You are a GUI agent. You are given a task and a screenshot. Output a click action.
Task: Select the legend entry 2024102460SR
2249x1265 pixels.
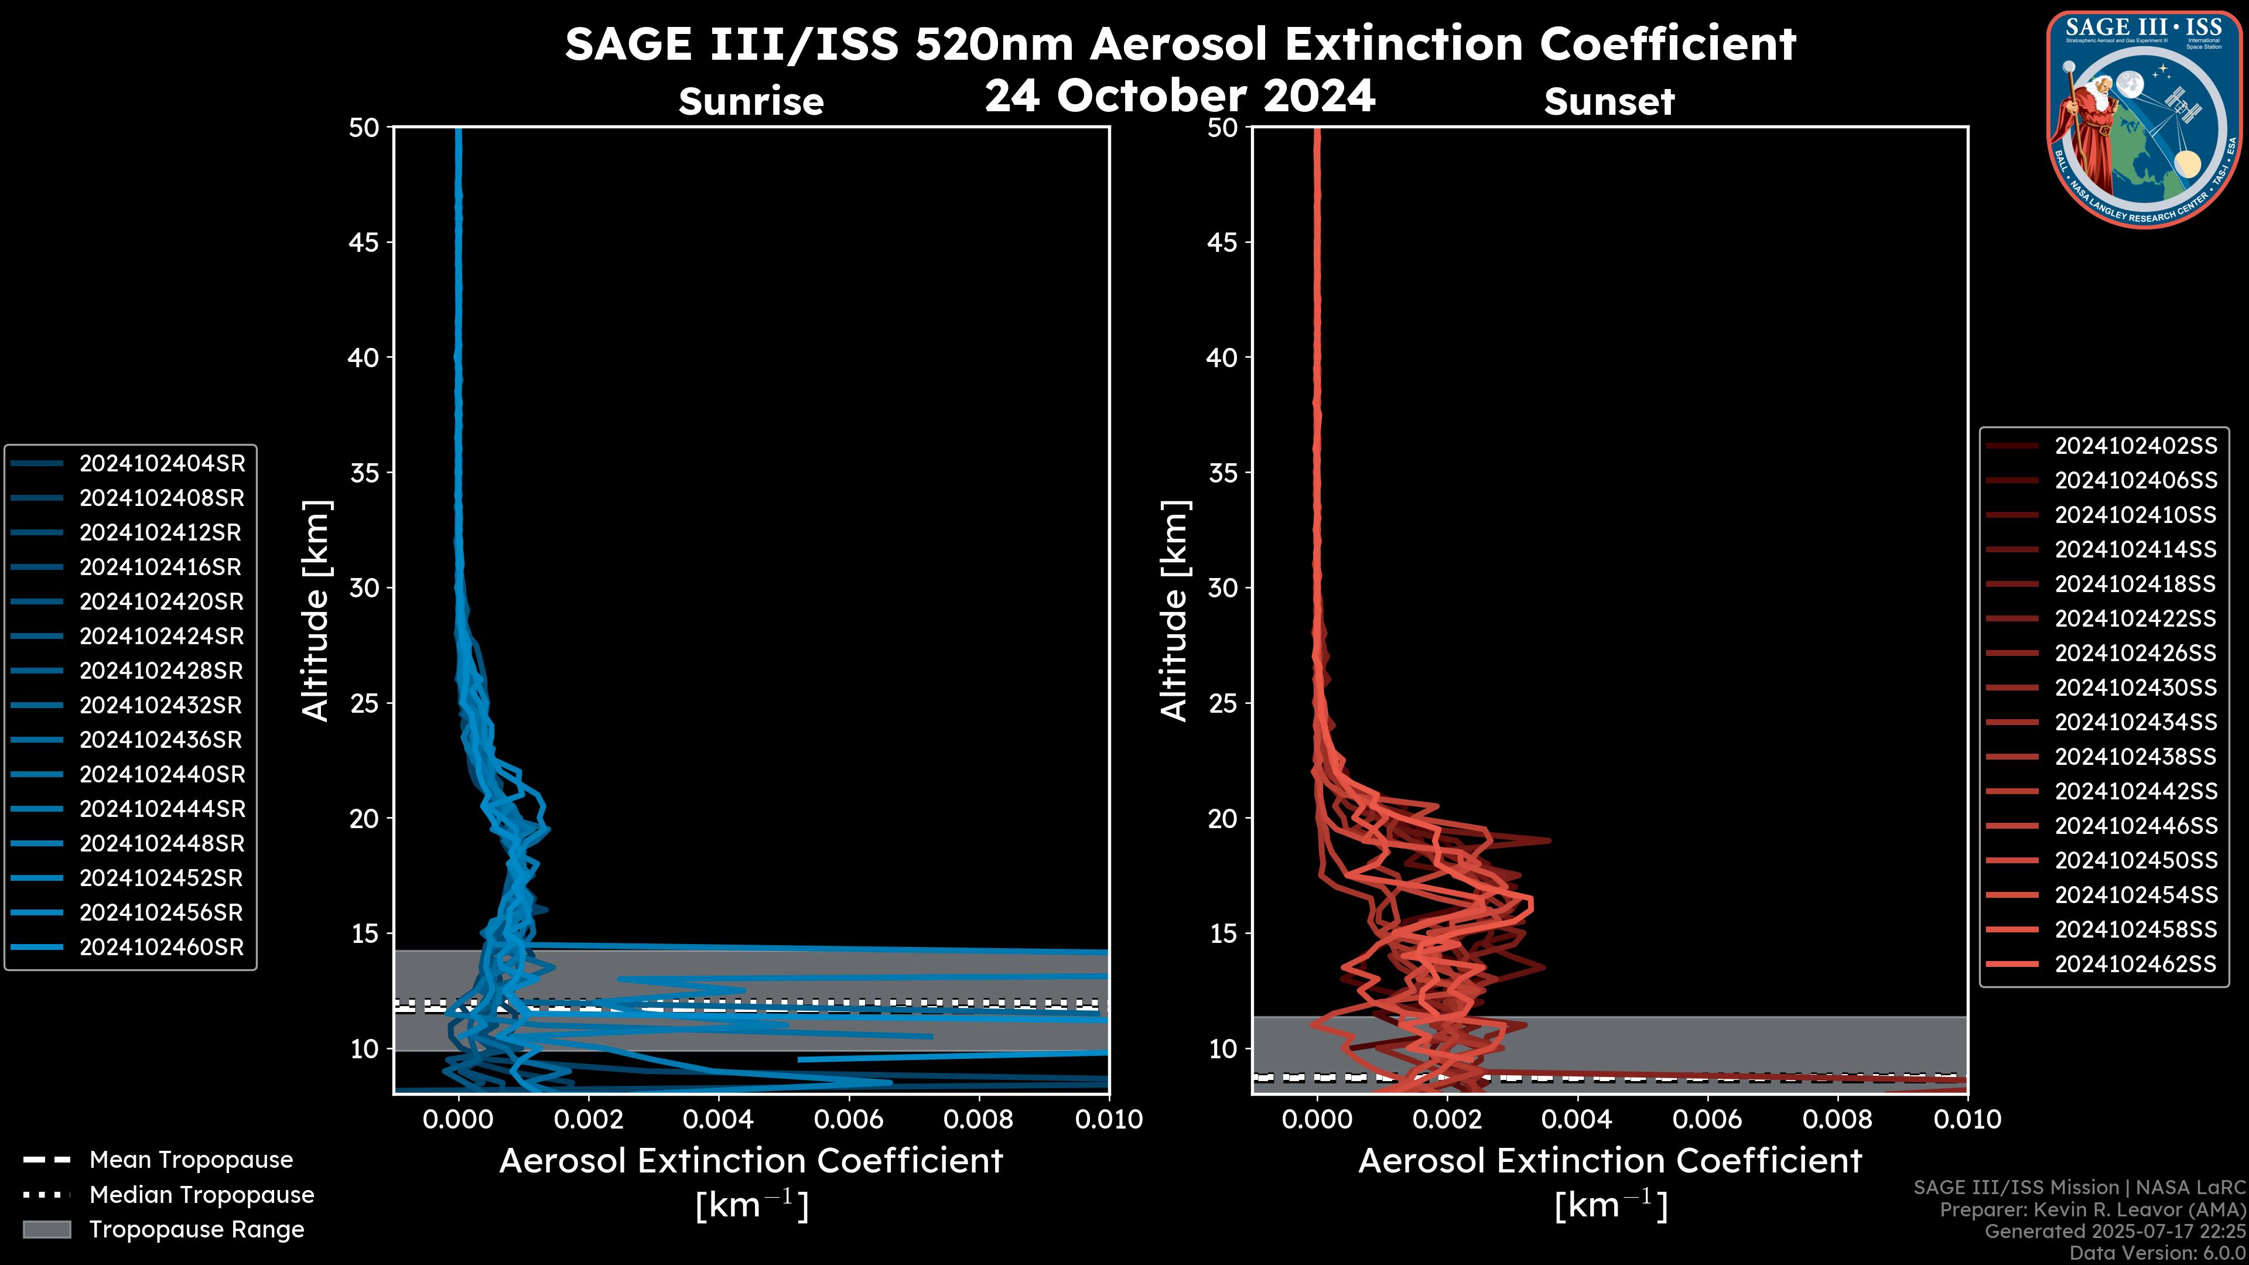(x=162, y=947)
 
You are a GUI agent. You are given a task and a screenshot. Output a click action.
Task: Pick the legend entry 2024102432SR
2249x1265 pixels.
(x=162, y=705)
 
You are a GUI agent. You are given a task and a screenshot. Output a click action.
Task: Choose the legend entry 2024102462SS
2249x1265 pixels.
(x=2135, y=964)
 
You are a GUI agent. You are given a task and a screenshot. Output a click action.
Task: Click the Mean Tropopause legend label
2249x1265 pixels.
(x=190, y=1160)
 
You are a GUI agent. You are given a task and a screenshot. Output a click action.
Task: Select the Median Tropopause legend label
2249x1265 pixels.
(x=201, y=1194)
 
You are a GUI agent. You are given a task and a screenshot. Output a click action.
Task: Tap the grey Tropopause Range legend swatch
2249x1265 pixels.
(x=46, y=1229)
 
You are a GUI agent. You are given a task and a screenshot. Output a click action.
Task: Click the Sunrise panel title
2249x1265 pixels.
(x=751, y=101)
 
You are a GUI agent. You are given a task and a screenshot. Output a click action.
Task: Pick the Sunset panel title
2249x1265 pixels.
(x=1609, y=101)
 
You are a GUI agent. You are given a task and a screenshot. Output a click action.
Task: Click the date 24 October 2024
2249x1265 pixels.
(x=1180, y=95)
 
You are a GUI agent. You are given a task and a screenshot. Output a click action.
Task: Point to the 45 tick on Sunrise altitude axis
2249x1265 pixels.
(x=364, y=242)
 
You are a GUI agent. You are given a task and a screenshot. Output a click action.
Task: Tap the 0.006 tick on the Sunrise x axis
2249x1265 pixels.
(x=849, y=1119)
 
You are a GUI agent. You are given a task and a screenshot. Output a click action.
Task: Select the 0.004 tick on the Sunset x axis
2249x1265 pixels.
(x=1578, y=1119)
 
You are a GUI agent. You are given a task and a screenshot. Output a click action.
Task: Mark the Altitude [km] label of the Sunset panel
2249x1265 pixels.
(x=1174, y=610)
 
